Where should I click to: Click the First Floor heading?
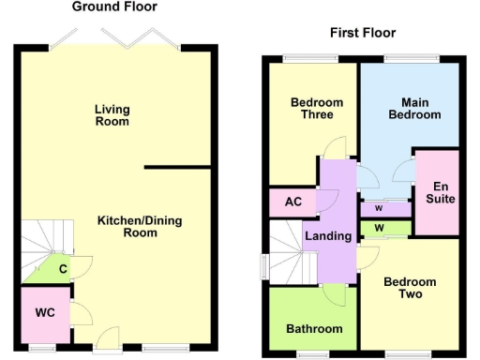pyautogui.click(x=363, y=33)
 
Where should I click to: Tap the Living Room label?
pyautogui.click(x=112, y=115)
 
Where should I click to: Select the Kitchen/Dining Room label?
pyautogui.click(x=140, y=227)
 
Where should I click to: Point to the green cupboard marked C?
pyautogui.click(x=59, y=271)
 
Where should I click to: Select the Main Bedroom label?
pyautogui.click(x=421, y=108)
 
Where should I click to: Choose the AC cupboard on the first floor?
pyautogui.click(x=292, y=201)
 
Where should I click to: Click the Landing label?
pyautogui.click(x=328, y=235)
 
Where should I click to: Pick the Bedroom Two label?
pyautogui.click(x=410, y=288)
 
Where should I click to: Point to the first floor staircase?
pyautogui.click(x=283, y=251)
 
